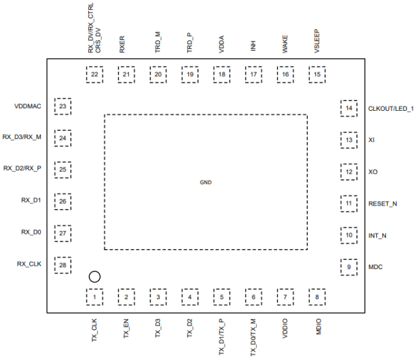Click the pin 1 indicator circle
click(x=94, y=277)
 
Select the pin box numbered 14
click(x=349, y=108)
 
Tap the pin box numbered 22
click(x=95, y=75)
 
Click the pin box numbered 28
click(x=63, y=265)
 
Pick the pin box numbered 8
click(x=317, y=297)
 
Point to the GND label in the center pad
click(x=205, y=183)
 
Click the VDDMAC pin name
click(x=28, y=106)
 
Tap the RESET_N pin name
click(x=383, y=204)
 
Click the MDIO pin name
click(x=317, y=323)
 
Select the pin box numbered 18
click(x=222, y=75)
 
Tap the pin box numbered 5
click(x=222, y=297)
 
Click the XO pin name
click(x=373, y=172)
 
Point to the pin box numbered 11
click(x=349, y=204)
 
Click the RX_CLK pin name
click(x=29, y=263)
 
